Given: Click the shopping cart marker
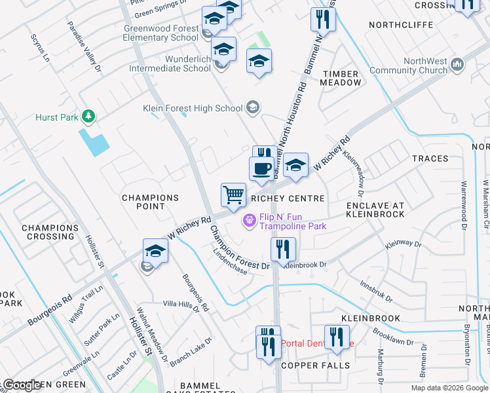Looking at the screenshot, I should (233, 195).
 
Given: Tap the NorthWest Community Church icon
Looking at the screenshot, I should (457, 65).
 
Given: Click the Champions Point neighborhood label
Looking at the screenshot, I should (150, 202).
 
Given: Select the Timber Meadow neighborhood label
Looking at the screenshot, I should (341, 78).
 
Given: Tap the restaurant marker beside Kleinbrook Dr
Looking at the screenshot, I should (284, 250).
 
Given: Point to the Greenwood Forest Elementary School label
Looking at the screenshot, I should (161, 33).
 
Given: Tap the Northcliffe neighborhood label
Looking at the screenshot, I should (401, 25).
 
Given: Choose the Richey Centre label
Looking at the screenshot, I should (288, 198).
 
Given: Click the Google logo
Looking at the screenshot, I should (22, 384).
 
